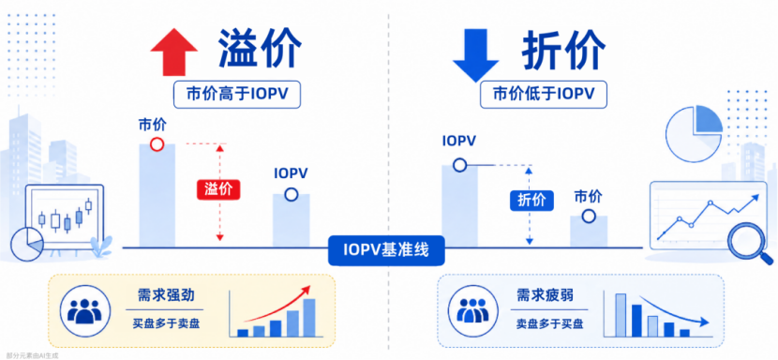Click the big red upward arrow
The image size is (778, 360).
(174, 52)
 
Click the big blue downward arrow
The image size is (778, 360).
(475, 55)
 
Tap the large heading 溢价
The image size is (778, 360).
(260, 49)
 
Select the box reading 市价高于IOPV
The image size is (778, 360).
(236, 94)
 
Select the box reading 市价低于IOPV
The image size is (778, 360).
(544, 94)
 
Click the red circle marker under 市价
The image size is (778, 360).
(157, 144)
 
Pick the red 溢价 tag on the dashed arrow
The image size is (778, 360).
(218, 189)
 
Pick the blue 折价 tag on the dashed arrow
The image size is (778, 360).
(531, 200)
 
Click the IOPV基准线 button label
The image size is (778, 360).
(386, 249)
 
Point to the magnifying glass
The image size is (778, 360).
(746, 242)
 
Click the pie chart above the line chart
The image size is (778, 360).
(694, 133)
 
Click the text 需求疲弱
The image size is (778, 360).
(545, 296)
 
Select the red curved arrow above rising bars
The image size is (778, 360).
(277, 305)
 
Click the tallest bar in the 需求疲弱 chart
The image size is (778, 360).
(621, 315)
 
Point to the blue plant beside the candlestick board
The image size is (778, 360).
(102, 247)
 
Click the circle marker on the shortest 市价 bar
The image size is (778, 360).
(589, 216)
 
